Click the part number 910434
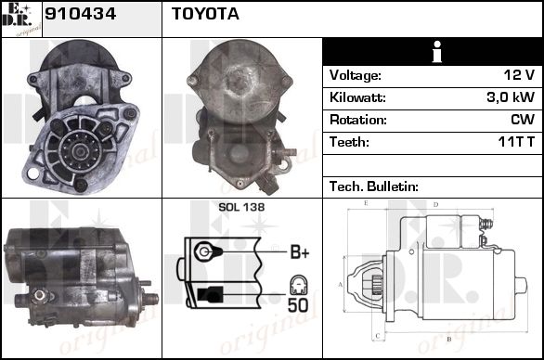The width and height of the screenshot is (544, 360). point(80,14)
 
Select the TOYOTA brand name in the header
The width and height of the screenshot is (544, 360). point(205,14)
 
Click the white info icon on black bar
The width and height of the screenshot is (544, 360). point(437,52)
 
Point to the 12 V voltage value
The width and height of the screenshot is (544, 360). point(519,75)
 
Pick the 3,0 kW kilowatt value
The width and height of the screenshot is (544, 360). point(511,97)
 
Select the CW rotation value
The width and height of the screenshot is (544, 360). point(523,120)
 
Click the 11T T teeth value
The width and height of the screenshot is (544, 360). point(516,142)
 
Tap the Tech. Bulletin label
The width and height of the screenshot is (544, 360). point(374,186)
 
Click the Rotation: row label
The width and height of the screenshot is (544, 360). point(358,120)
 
